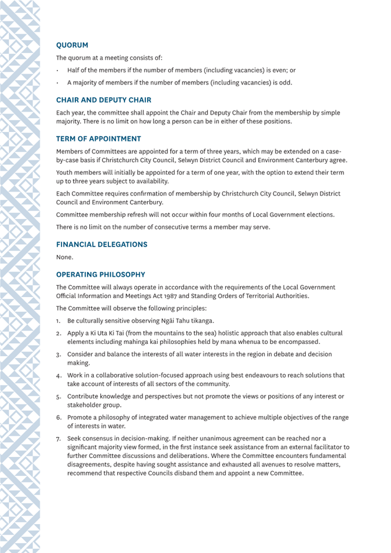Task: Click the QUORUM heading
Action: pyautogui.click(x=72, y=45)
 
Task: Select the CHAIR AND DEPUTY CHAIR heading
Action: pyautogui.click(x=104, y=100)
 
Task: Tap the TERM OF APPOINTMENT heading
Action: pyautogui.click(x=98, y=139)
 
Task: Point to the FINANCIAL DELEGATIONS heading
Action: pyautogui.click(x=101, y=244)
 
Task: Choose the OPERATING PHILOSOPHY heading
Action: pyautogui.click(x=100, y=274)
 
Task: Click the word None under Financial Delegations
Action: pyautogui.click(x=64, y=257)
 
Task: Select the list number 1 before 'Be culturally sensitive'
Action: pyautogui.click(x=58, y=321)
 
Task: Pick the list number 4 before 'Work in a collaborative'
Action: pyautogui.click(x=59, y=375)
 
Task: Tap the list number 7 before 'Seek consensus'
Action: pyautogui.click(x=59, y=438)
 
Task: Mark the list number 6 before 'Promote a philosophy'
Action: pyautogui.click(x=59, y=418)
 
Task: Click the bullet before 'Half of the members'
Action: pyautogui.click(x=57, y=70)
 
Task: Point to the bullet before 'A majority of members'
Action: pyautogui.click(x=57, y=83)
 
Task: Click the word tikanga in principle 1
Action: pyautogui.click(x=201, y=321)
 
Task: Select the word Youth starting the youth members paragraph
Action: pyautogui.click(x=65, y=173)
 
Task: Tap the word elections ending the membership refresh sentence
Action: pyautogui.click(x=318, y=215)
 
